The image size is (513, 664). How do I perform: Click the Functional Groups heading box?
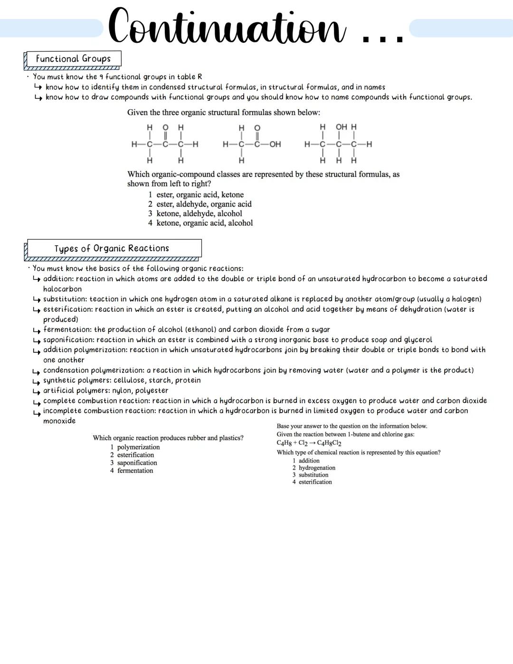73,59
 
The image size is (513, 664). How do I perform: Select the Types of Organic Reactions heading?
112,249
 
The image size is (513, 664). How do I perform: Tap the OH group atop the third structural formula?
342,127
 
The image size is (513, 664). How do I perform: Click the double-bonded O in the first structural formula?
165,127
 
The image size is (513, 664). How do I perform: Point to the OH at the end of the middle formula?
275,144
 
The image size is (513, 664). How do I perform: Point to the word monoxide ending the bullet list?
59,421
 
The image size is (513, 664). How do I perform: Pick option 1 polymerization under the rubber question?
135,447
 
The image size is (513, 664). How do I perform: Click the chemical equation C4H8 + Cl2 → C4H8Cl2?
309,443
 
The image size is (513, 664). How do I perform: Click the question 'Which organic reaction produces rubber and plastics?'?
168,438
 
